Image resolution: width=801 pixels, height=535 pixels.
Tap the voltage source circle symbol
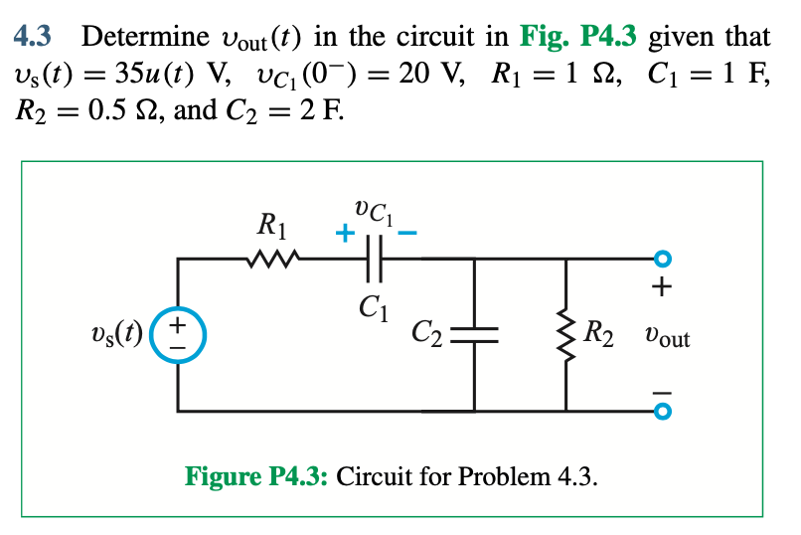click(179, 332)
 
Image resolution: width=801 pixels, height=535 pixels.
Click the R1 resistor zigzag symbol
click(267, 260)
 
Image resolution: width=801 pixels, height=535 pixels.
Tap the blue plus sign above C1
click(343, 235)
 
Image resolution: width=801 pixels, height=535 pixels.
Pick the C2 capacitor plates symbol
click(473, 333)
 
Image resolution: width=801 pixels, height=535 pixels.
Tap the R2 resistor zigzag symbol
click(566, 332)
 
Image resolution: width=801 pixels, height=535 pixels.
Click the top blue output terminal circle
click(663, 260)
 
